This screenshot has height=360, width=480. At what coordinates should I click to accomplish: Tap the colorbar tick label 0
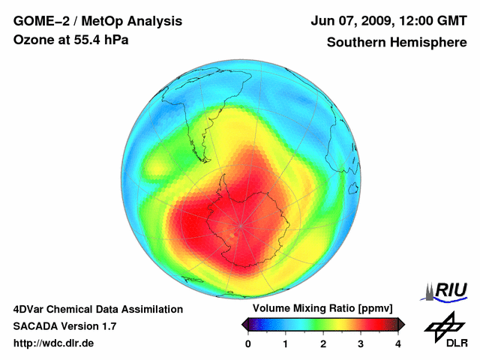coord(248,343)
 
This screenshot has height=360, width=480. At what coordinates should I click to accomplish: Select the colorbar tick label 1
coord(286,343)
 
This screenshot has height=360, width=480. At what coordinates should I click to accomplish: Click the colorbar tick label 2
coord(323,343)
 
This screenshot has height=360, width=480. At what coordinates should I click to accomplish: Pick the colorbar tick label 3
coord(361,343)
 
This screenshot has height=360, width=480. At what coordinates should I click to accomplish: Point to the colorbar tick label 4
coord(398,343)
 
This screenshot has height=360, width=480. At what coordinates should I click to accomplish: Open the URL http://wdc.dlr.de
coord(54,343)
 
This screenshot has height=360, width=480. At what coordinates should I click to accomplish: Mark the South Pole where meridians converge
coord(240,224)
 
